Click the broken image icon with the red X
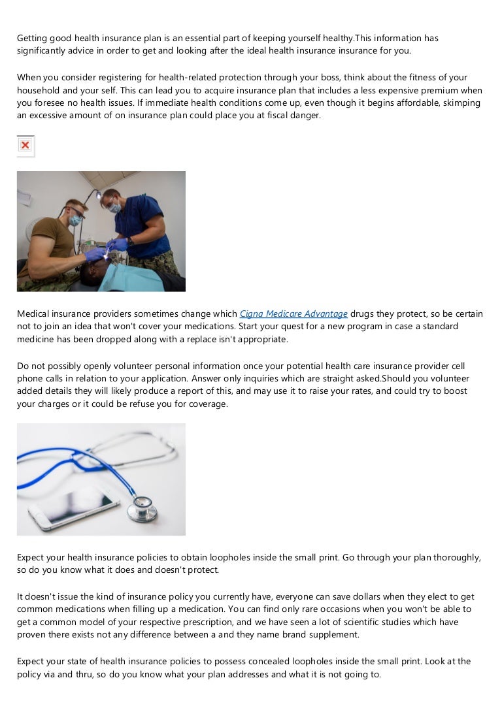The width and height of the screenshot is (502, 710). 25,145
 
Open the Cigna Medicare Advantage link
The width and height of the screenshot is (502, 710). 293,314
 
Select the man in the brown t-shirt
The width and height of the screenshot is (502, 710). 52,238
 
